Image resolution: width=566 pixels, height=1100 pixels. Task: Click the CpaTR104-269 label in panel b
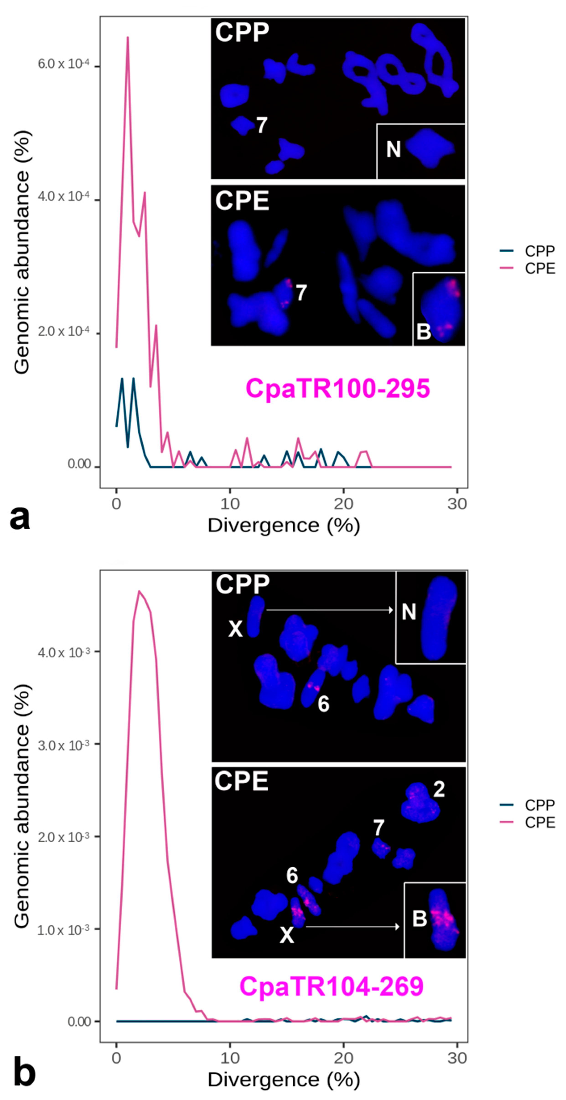(x=331, y=986)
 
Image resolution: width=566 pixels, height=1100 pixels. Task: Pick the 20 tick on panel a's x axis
(x=343, y=504)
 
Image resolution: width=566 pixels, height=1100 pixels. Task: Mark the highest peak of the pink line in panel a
(x=127, y=38)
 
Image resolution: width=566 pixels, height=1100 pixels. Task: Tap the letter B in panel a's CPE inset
(x=424, y=331)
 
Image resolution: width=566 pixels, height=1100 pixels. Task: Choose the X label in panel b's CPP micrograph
(x=235, y=629)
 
